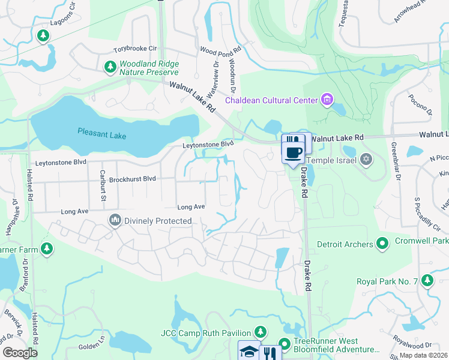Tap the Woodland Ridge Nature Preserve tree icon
[110, 67]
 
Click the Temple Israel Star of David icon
[366, 160]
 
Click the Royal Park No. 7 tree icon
[427, 281]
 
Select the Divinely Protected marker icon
[115, 221]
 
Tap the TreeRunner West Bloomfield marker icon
[284, 344]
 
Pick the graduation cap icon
[249, 352]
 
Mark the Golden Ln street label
[92, 346]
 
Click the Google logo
[20, 353]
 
